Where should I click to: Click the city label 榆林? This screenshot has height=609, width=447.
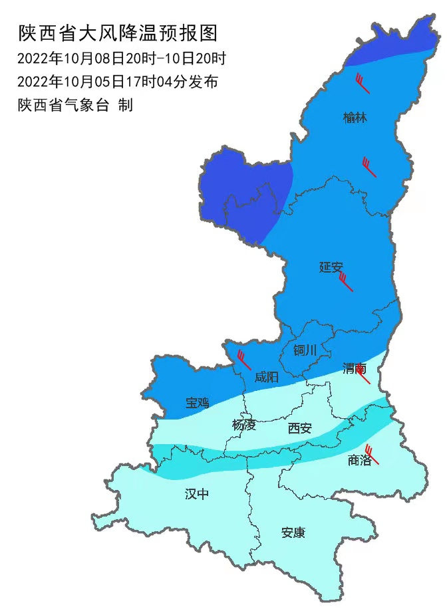(355, 118)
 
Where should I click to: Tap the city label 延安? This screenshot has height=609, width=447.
(331, 267)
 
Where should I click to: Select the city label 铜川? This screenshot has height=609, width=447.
(305, 350)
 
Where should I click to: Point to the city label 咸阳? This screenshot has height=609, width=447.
(266, 378)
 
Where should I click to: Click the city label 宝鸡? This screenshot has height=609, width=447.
(197, 402)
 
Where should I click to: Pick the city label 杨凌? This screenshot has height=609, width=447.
(244, 425)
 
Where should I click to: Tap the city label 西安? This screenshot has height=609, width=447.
(299, 428)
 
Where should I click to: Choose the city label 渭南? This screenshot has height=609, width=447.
(353, 368)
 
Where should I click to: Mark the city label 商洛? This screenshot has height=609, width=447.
(359, 459)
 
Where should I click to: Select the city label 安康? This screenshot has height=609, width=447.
(293, 533)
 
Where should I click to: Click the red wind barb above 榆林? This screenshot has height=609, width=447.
(363, 83)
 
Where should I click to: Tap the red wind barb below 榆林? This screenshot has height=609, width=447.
(369, 166)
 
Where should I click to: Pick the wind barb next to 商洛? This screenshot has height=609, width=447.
(372, 455)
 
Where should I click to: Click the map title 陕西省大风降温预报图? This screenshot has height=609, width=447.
(118, 33)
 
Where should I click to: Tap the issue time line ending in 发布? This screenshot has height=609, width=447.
(118, 82)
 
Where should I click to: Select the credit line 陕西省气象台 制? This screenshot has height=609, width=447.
(75, 105)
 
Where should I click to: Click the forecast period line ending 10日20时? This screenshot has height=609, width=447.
(122, 59)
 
